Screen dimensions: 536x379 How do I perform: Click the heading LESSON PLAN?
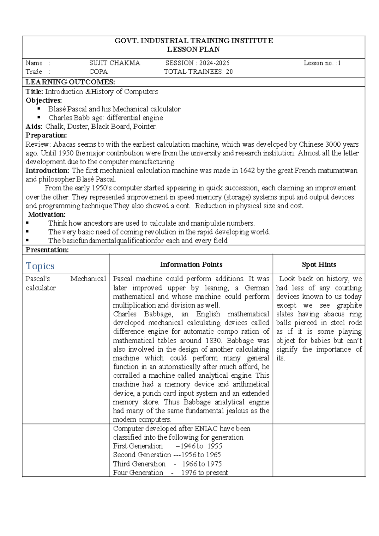click(x=193, y=50)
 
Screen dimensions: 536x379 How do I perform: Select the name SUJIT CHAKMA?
click(x=115, y=63)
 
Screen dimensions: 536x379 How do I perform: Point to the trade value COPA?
click(x=98, y=72)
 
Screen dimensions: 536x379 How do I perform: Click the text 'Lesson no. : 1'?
click(x=322, y=63)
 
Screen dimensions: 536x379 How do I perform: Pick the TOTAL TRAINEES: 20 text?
click(x=198, y=72)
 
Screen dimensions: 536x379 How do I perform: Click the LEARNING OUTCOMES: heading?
click(x=70, y=82)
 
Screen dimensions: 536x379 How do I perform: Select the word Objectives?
click(x=44, y=100)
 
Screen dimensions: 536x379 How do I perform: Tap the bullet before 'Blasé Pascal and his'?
click(x=39, y=109)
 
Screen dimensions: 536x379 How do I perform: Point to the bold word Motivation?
click(x=46, y=215)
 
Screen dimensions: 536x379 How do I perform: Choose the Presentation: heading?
click(x=47, y=250)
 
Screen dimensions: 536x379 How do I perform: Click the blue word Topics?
click(x=40, y=266)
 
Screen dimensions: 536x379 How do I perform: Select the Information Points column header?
click(x=191, y=265)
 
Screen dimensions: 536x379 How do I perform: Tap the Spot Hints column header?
click(x=319, y=265)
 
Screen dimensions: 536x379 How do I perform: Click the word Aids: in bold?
click(x=34, y=127)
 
